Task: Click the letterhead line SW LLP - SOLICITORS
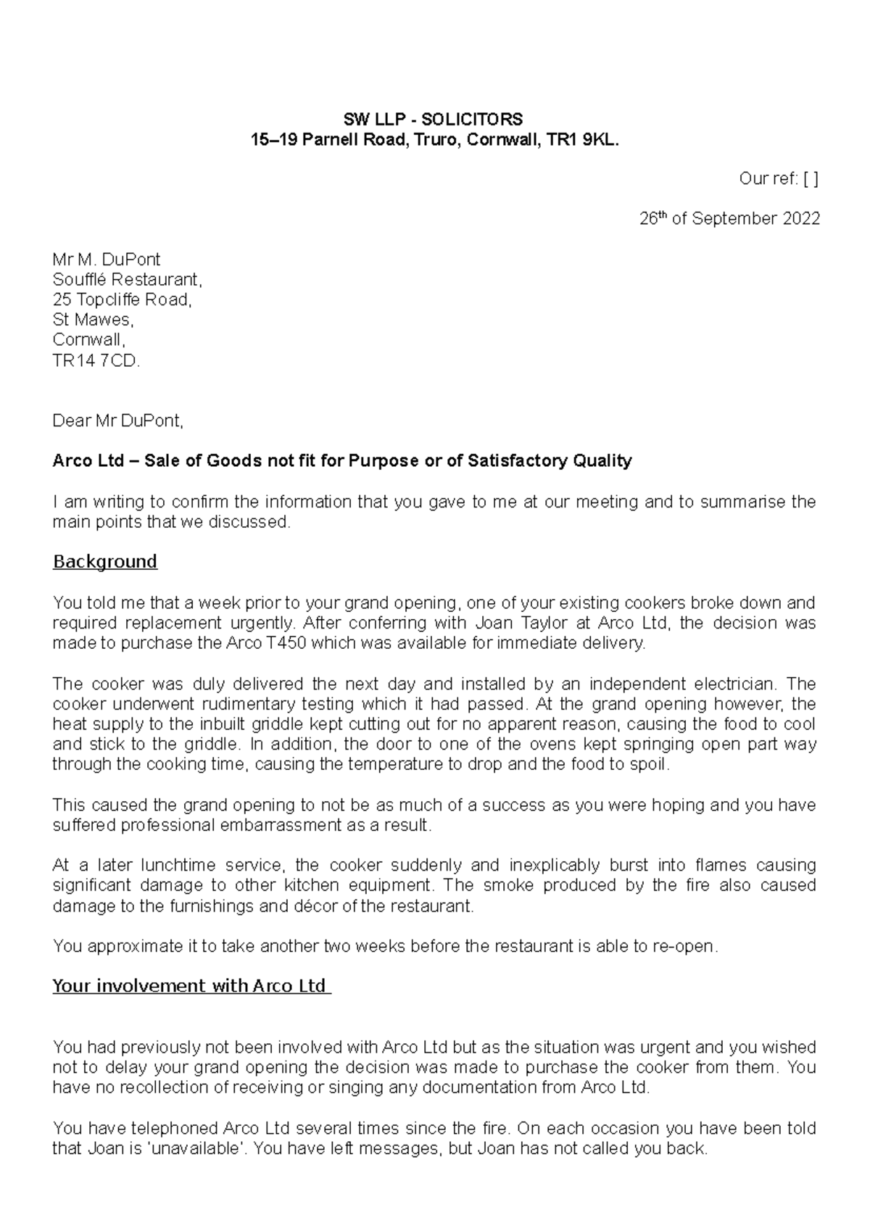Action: [x=434, y=119]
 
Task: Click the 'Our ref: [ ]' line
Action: [x=778, y=179]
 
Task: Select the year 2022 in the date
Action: [x=801, y=219]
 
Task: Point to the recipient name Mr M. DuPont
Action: [x=106, y=260]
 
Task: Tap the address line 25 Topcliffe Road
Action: [x=122, y=299]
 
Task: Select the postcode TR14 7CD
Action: [x=95, y=360]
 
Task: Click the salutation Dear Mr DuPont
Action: [x=117, y=420]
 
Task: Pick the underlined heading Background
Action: [x=105, y=562]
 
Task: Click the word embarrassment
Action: [x=286, y=825]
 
